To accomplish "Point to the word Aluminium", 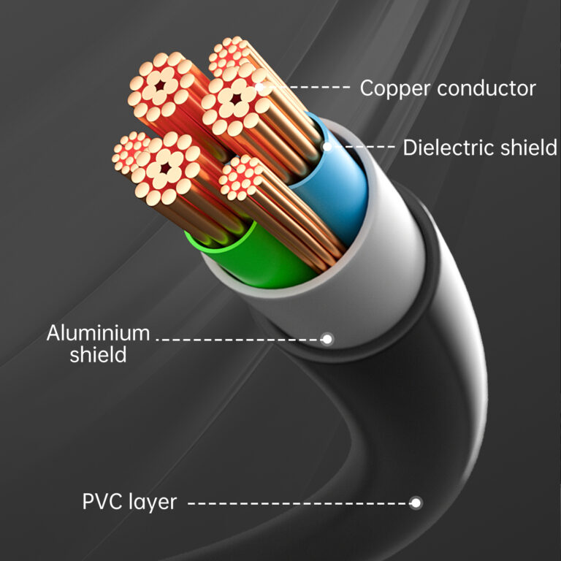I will (98, 334).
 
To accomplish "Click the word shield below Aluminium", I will (98, 355).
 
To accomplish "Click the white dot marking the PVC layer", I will (416, 503).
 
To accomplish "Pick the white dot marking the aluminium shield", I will (327, 339).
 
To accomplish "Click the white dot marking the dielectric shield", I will (327, 147).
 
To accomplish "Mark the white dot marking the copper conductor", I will (261, 88).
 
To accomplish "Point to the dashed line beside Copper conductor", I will (310, 88).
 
